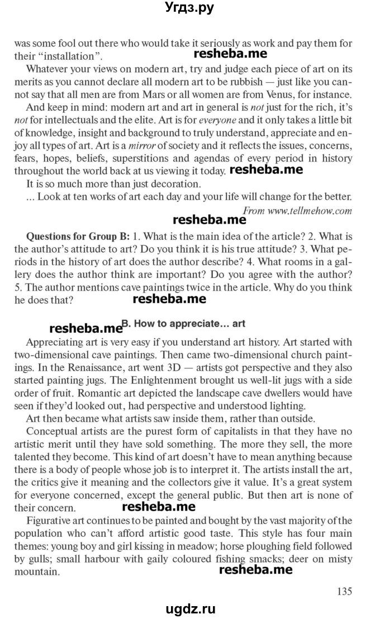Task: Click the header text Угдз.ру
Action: (x=189, y=8)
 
